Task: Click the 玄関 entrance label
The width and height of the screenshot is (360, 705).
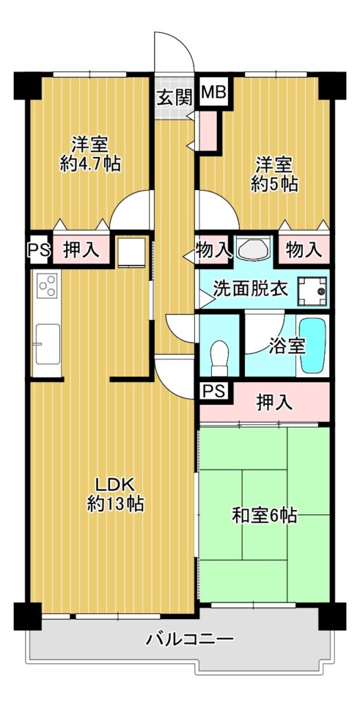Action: pyautogui.click(x=175, y=96)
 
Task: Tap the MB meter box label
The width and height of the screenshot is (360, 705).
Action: pyautogui.click(x=214, y=93)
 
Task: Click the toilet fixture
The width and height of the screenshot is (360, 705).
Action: pyautogui.click(x=220, y=357)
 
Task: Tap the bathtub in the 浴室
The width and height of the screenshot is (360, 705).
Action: pyautogui.click(x=313, y=346)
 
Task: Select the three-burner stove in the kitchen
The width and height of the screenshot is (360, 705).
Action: pyautogui.click(x=47, y=285)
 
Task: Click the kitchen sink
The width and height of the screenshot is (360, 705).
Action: pyautogui.click(x=47, y=344)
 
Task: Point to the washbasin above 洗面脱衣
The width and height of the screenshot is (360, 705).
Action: pyautogui.click(x=253, y=249)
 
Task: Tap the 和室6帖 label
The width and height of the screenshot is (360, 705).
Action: pyautogui.click(x=264, y=515)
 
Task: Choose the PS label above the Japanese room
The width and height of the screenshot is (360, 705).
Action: pyautogui.click(x=214, y=391)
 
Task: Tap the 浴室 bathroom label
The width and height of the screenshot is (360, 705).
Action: pyautogui.click(x=288, y=346)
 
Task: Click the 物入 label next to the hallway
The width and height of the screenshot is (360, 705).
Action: pyautogui.click(x=213, y=249)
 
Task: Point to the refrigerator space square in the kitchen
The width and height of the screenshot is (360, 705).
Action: pyautogui.click(x=131, y=253)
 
